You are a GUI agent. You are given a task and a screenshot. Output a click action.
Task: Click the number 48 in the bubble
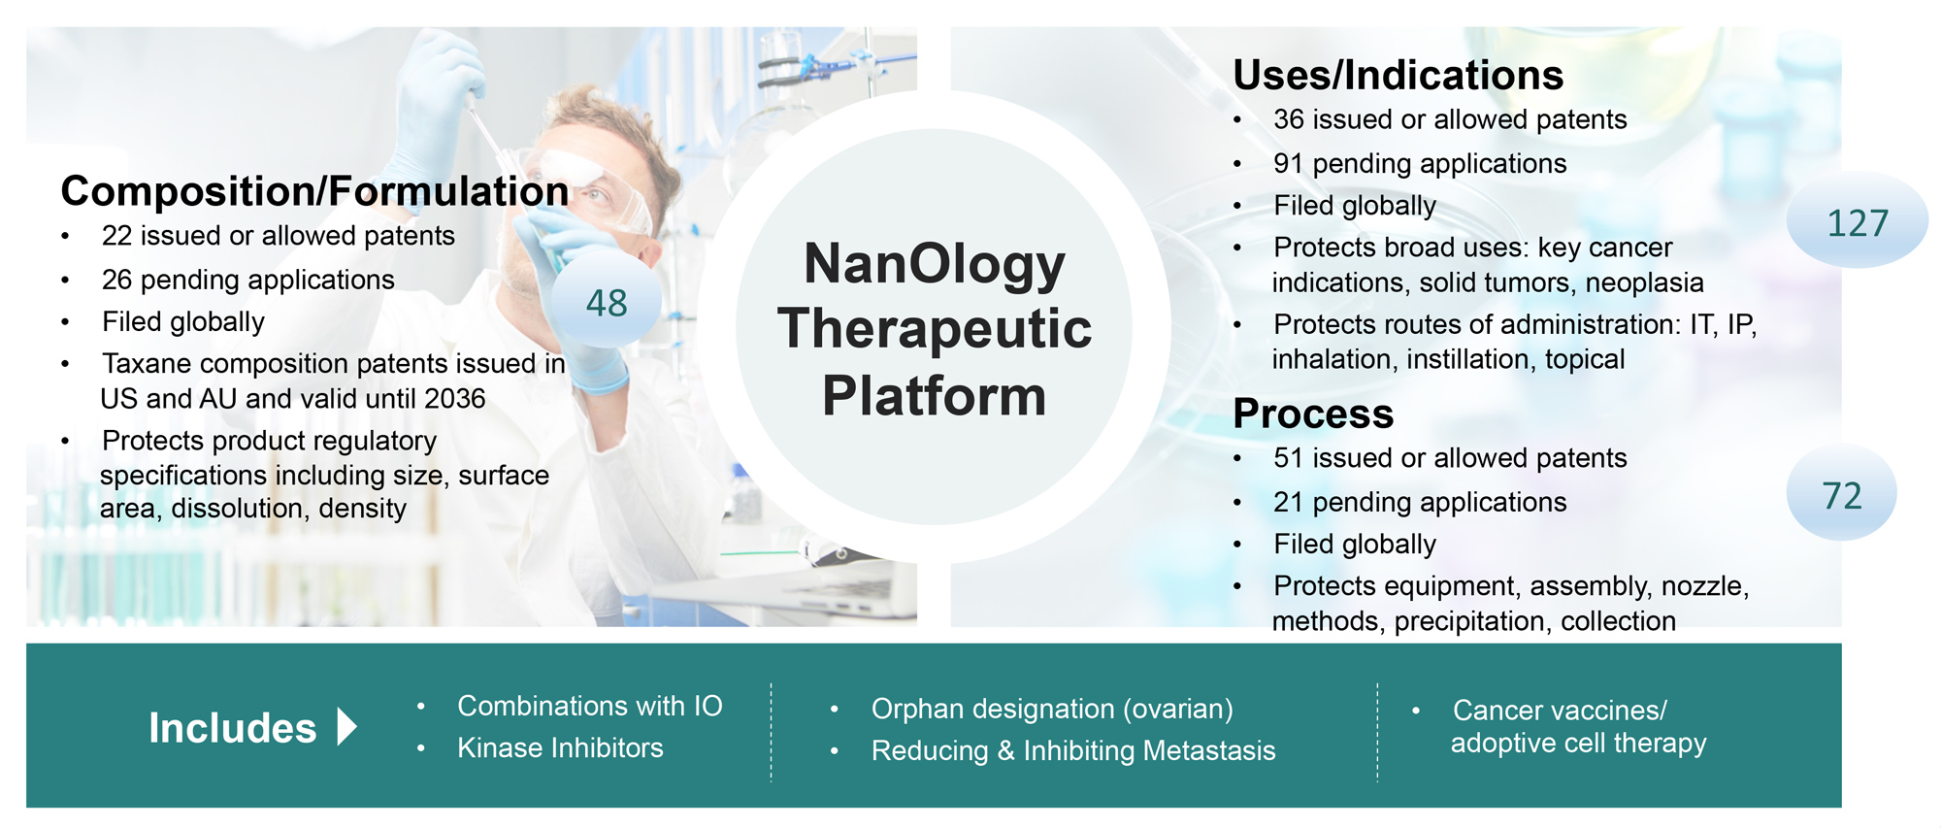tap(607, 303)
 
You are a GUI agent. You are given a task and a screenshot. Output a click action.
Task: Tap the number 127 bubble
tap(1858, 221)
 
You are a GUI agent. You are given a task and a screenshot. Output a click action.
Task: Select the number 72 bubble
tap(1841, 494)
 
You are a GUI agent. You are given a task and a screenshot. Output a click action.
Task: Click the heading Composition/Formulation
tap(314, 191)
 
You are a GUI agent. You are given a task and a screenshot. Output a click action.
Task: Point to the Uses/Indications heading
tap(1398, 75)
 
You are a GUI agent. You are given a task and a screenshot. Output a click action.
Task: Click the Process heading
tap(1313, 414)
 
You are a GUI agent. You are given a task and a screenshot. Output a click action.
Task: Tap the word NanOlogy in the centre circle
tap(935, 264)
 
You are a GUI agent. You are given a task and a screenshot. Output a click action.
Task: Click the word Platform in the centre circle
tap(935, 395)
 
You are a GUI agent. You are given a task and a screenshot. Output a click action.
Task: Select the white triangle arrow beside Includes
tap(347, 726)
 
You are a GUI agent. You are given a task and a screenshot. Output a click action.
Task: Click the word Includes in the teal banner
tap(232, 728)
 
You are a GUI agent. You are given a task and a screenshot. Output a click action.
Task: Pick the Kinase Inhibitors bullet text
tap(560, 747)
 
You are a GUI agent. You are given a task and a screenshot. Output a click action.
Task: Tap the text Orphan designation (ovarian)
tap(1052, 709)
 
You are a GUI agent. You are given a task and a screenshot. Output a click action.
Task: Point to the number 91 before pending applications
tap(1288, 163)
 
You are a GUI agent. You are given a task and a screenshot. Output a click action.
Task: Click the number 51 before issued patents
tap(1288, 458)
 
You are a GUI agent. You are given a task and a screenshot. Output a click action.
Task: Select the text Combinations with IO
tap(590, 706)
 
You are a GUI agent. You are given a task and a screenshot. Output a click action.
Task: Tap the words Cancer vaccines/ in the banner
tap(1560, 710)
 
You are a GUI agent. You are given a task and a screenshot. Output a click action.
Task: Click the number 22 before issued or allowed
tap(116, 236)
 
